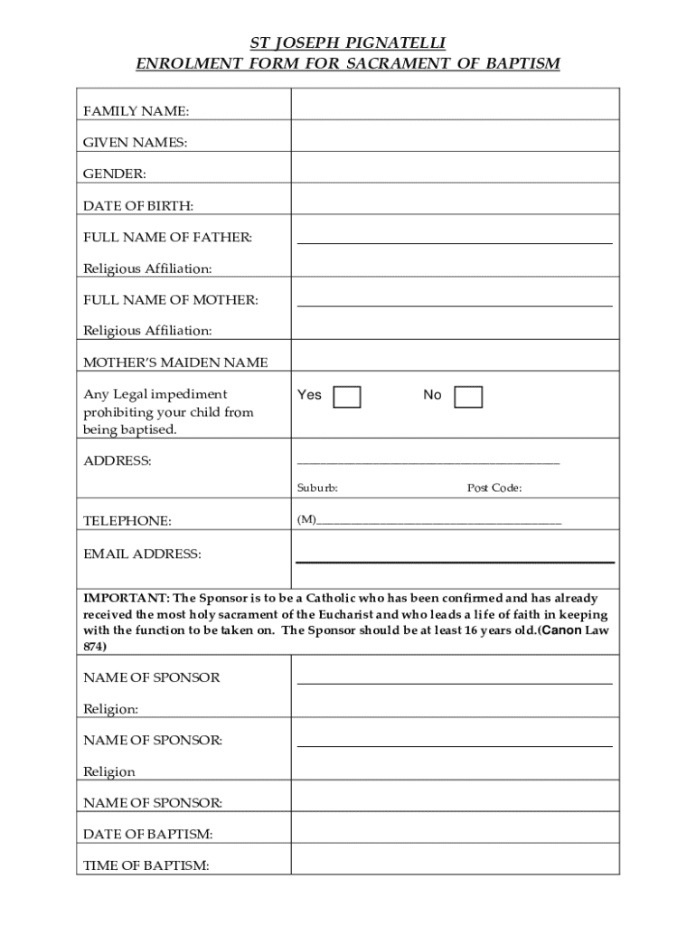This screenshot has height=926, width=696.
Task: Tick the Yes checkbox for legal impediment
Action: click(x=347, y=397)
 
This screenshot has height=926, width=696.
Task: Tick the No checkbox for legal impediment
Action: click(x=468, y=397)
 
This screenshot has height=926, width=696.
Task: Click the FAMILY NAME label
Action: click(x=136, y=111)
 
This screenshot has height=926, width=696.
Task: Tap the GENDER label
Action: click(x=115, y=174)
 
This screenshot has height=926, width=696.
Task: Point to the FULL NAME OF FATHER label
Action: click(x=168, y=237)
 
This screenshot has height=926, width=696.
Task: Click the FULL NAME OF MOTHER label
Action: click(x=171, y=299)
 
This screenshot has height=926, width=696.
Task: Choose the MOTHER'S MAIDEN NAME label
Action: click(x=175, y=363)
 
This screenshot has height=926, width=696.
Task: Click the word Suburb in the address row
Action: click(x=317, y=488)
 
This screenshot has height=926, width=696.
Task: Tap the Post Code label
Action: click(x=494, y=488)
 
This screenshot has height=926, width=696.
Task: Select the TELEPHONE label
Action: click(x=127, y=521)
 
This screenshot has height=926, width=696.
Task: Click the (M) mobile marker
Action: click(x=306, y=520)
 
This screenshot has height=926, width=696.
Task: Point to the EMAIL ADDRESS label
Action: click(x=142, y=553)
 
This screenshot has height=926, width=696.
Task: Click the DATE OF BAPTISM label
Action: click(x=148, y=834)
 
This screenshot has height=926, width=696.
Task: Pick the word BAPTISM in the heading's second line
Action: click(x=519, y=64)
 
